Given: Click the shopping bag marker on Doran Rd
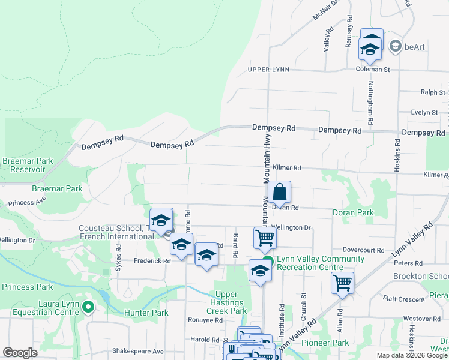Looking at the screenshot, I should [x=280, y=193].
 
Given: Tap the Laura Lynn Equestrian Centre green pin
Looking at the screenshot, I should [x=88, y=308].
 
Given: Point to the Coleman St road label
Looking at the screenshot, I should [x=373, y=70].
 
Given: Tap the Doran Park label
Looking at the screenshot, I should [x=353, y=212].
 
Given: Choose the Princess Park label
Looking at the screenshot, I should [x=26, y=287].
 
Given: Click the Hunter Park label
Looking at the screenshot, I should [x=146, y=313].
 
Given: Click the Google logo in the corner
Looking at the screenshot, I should [x=20, y=353].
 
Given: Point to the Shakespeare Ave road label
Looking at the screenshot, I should [x=137, y=351].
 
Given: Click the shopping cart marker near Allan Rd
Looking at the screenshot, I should [x=342, y=282].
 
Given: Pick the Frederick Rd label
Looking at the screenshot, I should [x=152, y=261].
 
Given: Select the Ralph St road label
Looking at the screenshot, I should [x=433, y=92].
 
